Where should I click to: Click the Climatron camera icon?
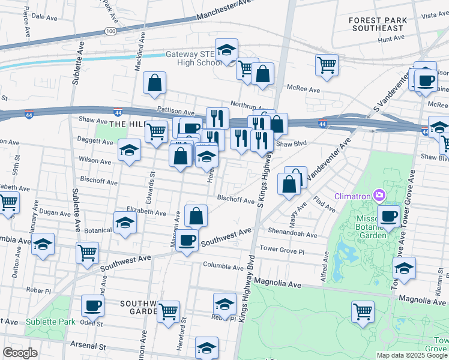[x=379, y=195]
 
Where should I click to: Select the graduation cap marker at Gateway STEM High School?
[x=227, y=50]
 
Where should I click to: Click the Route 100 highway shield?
[x=110, y=30]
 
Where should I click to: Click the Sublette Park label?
[x=50, y=322]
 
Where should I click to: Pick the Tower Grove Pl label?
[x=282, y=248]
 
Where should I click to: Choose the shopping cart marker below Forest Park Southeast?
[x=327, y=65]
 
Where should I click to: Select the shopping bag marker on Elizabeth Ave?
[x=196, y=216]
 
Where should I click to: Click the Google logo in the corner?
[x=20, y=353]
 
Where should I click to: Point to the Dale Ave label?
[x=43, y=17]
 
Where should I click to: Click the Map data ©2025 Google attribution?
[x=412, y=355]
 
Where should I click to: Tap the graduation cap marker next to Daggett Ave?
[x=129, y=151]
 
